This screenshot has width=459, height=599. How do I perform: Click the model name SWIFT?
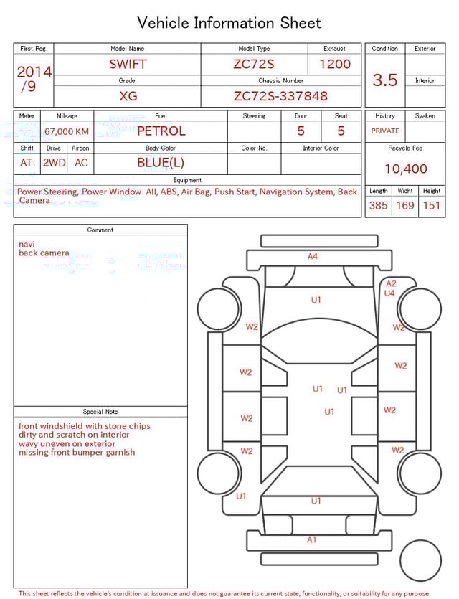coord(128,64)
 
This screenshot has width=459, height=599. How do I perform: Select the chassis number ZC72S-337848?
coord(280,96)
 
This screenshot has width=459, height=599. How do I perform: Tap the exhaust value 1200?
coord(335,64)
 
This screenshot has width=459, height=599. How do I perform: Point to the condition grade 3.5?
coord(385,80)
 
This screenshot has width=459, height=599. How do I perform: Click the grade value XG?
coord(128,96)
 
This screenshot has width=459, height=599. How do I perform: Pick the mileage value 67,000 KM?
coord(67,131)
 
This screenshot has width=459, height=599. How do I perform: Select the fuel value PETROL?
coord(161,131)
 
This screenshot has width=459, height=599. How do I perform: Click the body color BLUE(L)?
coord(161,163)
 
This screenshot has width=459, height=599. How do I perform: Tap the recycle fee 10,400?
coord(405,169)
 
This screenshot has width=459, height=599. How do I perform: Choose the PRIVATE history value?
coord(385,131)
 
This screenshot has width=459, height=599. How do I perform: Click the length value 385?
coord(378,206)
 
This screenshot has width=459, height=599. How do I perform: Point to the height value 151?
coord(432,206)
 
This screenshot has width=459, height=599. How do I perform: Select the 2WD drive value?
coord(54,163)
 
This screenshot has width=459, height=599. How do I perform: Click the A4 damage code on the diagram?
coord(313,256)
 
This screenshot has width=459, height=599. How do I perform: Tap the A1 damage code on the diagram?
coord(311,539)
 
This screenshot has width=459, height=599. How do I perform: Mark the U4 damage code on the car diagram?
coord(389,293)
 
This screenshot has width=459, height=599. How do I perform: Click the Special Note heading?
coord(100,412)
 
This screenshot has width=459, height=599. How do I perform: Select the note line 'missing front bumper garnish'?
coord(77,453)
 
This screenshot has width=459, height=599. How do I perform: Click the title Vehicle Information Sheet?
coord(229,23)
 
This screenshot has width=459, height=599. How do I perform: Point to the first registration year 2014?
coord(34,72)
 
